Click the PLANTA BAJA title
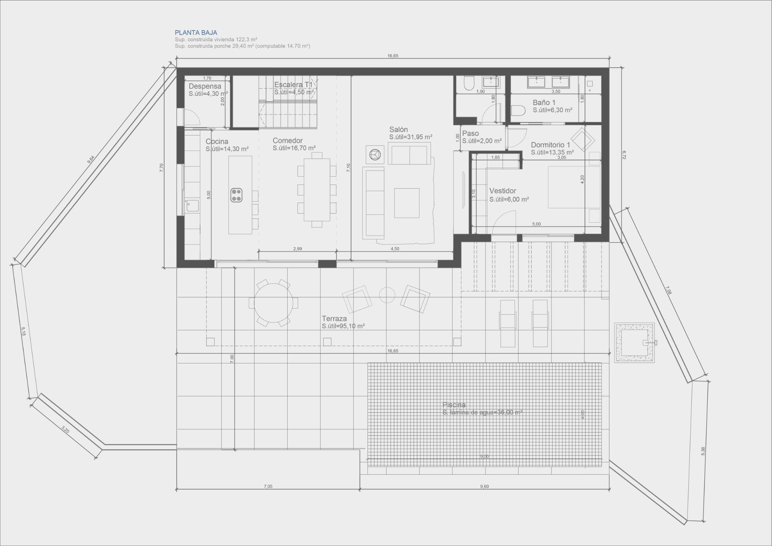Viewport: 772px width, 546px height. coord(196,33)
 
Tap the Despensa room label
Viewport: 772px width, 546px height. coord(205,86)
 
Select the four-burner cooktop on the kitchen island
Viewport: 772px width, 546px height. coord(236,195)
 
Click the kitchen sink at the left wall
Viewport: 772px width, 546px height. coord(193,206)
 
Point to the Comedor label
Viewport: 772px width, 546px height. coord(288,141)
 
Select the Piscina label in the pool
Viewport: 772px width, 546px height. coord(454,405)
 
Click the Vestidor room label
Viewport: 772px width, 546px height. coord(502,191)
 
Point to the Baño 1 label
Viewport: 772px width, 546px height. coord(544,103)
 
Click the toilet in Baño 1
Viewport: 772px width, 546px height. coord(518,111)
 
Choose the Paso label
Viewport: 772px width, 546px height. coord(470,134)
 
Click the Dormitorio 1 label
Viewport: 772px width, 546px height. coord(550,145)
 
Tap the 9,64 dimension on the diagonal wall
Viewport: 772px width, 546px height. coord(91,160)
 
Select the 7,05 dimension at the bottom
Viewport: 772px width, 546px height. coord(268,486)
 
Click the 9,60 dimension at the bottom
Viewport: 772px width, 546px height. coord(484,486)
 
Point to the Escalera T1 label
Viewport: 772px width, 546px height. coord(293,85)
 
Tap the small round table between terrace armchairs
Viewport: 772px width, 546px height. coord(387,295)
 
